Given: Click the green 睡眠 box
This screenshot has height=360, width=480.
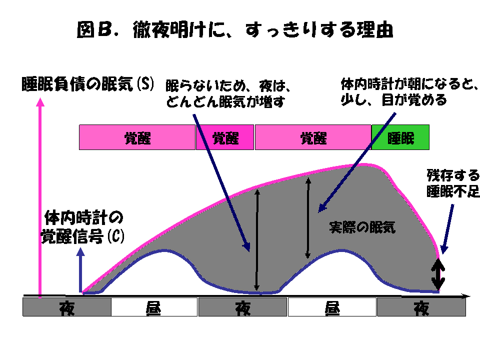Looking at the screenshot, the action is pos(400,137).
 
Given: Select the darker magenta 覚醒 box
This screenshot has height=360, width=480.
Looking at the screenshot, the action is pos(225,137).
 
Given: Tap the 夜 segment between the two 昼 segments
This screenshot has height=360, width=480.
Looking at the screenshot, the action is pos(243,307).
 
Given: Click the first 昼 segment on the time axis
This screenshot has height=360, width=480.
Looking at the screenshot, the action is pos(154,307).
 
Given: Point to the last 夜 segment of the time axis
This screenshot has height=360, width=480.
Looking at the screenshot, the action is pos(421,307).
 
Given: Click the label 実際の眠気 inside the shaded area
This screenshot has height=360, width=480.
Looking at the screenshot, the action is pos(362,227).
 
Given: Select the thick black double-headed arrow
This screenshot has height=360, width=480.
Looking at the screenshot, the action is pos(438,274).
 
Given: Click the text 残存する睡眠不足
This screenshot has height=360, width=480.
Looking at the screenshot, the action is pos(453,183).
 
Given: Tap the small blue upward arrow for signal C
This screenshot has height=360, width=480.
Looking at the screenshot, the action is pos(80,270).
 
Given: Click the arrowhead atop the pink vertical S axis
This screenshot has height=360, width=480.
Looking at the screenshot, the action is pos(40,102).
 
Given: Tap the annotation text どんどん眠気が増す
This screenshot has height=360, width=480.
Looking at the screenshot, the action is pos(225,101).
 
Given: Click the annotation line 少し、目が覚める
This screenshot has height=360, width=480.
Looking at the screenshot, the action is pos(393,100).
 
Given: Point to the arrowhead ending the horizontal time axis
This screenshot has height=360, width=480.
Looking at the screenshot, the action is pos(466,296).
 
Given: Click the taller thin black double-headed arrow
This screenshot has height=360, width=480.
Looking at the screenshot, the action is pos(257,240).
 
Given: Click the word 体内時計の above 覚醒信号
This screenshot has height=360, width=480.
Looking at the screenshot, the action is pos(83,217).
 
